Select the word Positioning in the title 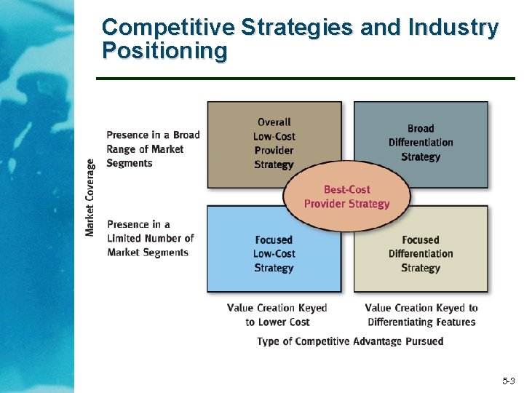(164, 51)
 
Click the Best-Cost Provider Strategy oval (346, 196)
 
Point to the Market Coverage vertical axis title (90, 197)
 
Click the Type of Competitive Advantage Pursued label (350, 341)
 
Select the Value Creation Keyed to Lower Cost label (277, 315)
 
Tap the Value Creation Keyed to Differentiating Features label (421, 315)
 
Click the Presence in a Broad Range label (153, 148)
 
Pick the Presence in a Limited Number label (151, 238)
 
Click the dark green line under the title (306, 78)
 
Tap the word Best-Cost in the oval (347, 189)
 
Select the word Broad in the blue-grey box (421, 128)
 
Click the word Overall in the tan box (274, 122)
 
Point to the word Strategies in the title (297, 28)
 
